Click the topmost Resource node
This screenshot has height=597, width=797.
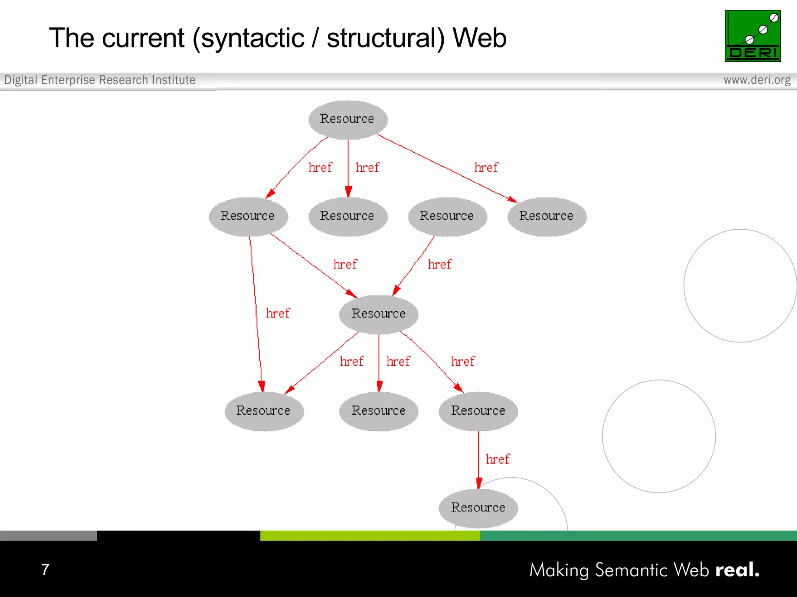[x=348, y=119]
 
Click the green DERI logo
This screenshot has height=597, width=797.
[x=752, y=36]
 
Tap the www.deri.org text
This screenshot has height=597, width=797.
[x=757, y=80]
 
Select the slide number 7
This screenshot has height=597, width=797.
[x=45, y=569]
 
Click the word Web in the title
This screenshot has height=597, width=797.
[x=479, y=38]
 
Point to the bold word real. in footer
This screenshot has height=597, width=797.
[x=737, y=570]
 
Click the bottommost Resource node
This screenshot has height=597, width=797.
[x=478, y=508]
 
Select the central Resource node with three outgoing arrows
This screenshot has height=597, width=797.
[x=378, y=314]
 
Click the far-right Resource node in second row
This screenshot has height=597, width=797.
[x=546, y=216]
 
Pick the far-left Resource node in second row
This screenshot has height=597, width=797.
[x=248, y=216]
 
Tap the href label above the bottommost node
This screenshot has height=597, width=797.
[x=497, y=459]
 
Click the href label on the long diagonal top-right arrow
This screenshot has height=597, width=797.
[x=486, y=168]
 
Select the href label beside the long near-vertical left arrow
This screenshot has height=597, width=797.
[x=278, y=313]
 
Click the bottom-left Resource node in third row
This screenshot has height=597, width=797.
[x=263, y=411]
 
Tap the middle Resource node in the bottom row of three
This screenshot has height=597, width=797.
[x=378, y=411]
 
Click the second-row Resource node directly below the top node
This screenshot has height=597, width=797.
[x=348, y=216]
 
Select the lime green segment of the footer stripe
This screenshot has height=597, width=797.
[x=370, y=536]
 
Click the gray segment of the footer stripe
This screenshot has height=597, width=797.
[x=48, y=536]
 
